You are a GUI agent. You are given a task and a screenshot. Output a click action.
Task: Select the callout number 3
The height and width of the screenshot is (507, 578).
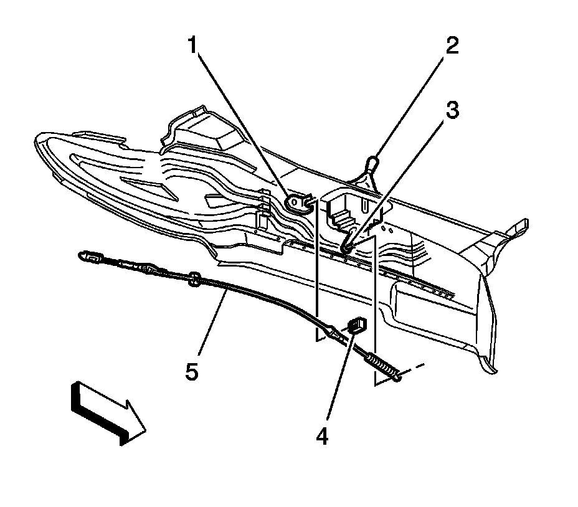(x=452, y=111)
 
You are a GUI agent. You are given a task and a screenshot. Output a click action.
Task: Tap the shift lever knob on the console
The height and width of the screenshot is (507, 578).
(x=372, y=163)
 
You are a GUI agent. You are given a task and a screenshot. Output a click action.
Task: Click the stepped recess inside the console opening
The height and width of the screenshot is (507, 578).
(x=341, y=217)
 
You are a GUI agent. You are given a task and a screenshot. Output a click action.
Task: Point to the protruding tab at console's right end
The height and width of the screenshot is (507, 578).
(x=519, y=229)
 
